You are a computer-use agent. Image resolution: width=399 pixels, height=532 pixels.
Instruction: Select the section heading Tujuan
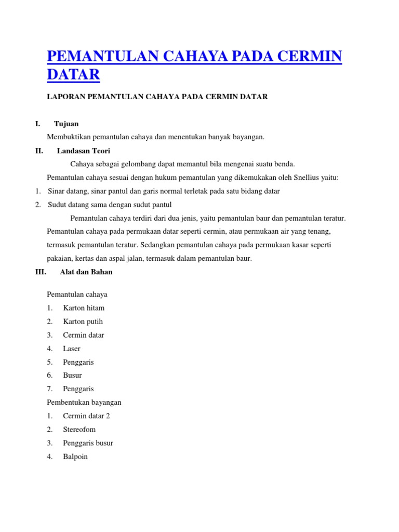coord(66,124)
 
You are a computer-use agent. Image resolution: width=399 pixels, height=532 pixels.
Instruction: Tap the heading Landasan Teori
coord(84,151)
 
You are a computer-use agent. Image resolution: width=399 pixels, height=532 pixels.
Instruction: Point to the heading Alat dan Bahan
coord(86,272)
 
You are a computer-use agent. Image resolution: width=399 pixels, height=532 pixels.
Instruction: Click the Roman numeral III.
coord(41,272)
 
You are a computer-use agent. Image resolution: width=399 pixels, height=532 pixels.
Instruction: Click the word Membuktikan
coord(69,137)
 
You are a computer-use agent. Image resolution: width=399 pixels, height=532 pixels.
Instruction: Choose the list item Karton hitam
coord(84,308)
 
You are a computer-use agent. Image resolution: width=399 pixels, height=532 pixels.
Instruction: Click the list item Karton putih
coord(83,322)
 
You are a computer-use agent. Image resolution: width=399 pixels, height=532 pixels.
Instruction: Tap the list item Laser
coord(72,349)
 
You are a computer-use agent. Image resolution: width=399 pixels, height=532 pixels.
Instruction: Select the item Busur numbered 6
coord(72,375)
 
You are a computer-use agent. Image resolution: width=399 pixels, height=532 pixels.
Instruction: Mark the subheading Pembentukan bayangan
coord(84,403)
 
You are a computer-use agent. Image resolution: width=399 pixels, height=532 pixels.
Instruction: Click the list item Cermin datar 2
coord(86,416)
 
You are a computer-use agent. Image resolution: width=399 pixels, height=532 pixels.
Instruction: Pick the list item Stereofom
coord(79,430)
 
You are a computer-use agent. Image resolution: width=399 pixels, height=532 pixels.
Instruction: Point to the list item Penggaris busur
coord(88,443)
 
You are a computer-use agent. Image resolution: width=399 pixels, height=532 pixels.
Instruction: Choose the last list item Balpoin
coord(75,457)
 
